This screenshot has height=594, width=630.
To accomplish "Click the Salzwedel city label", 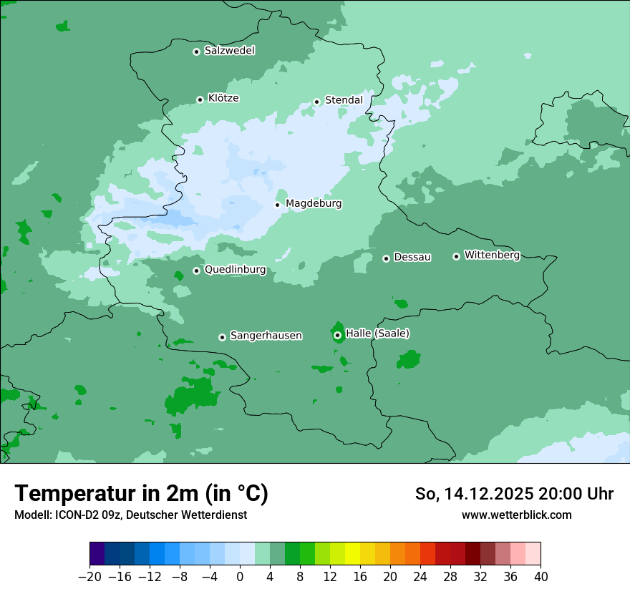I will click(229, 51).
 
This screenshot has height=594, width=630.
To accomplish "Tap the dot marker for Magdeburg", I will click(278, 205).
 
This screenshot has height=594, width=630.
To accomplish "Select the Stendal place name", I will click(344, 100).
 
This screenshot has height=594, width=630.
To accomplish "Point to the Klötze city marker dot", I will click(200, 99).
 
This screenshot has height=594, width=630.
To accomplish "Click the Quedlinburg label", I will click(235, 270).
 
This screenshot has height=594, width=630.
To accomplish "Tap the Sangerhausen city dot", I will click(222, 337).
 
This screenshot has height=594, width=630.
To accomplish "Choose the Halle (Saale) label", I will click(377, 333).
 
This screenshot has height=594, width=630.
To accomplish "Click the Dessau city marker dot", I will click(386, 258).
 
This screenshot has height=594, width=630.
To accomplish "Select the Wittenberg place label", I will click(492, 255).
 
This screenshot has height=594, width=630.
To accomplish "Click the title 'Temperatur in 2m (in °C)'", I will click(141, 494).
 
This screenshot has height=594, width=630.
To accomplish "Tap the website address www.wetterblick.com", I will click(516, 515).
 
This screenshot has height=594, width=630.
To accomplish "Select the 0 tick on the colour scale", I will click(240, 577).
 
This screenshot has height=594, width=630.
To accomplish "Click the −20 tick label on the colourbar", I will click(90, 577).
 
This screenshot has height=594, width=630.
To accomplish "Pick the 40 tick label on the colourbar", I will click(541, 577).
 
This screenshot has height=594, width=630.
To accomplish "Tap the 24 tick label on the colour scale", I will click(420, 577).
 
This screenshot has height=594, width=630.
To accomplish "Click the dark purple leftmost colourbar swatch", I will click(97, 554).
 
